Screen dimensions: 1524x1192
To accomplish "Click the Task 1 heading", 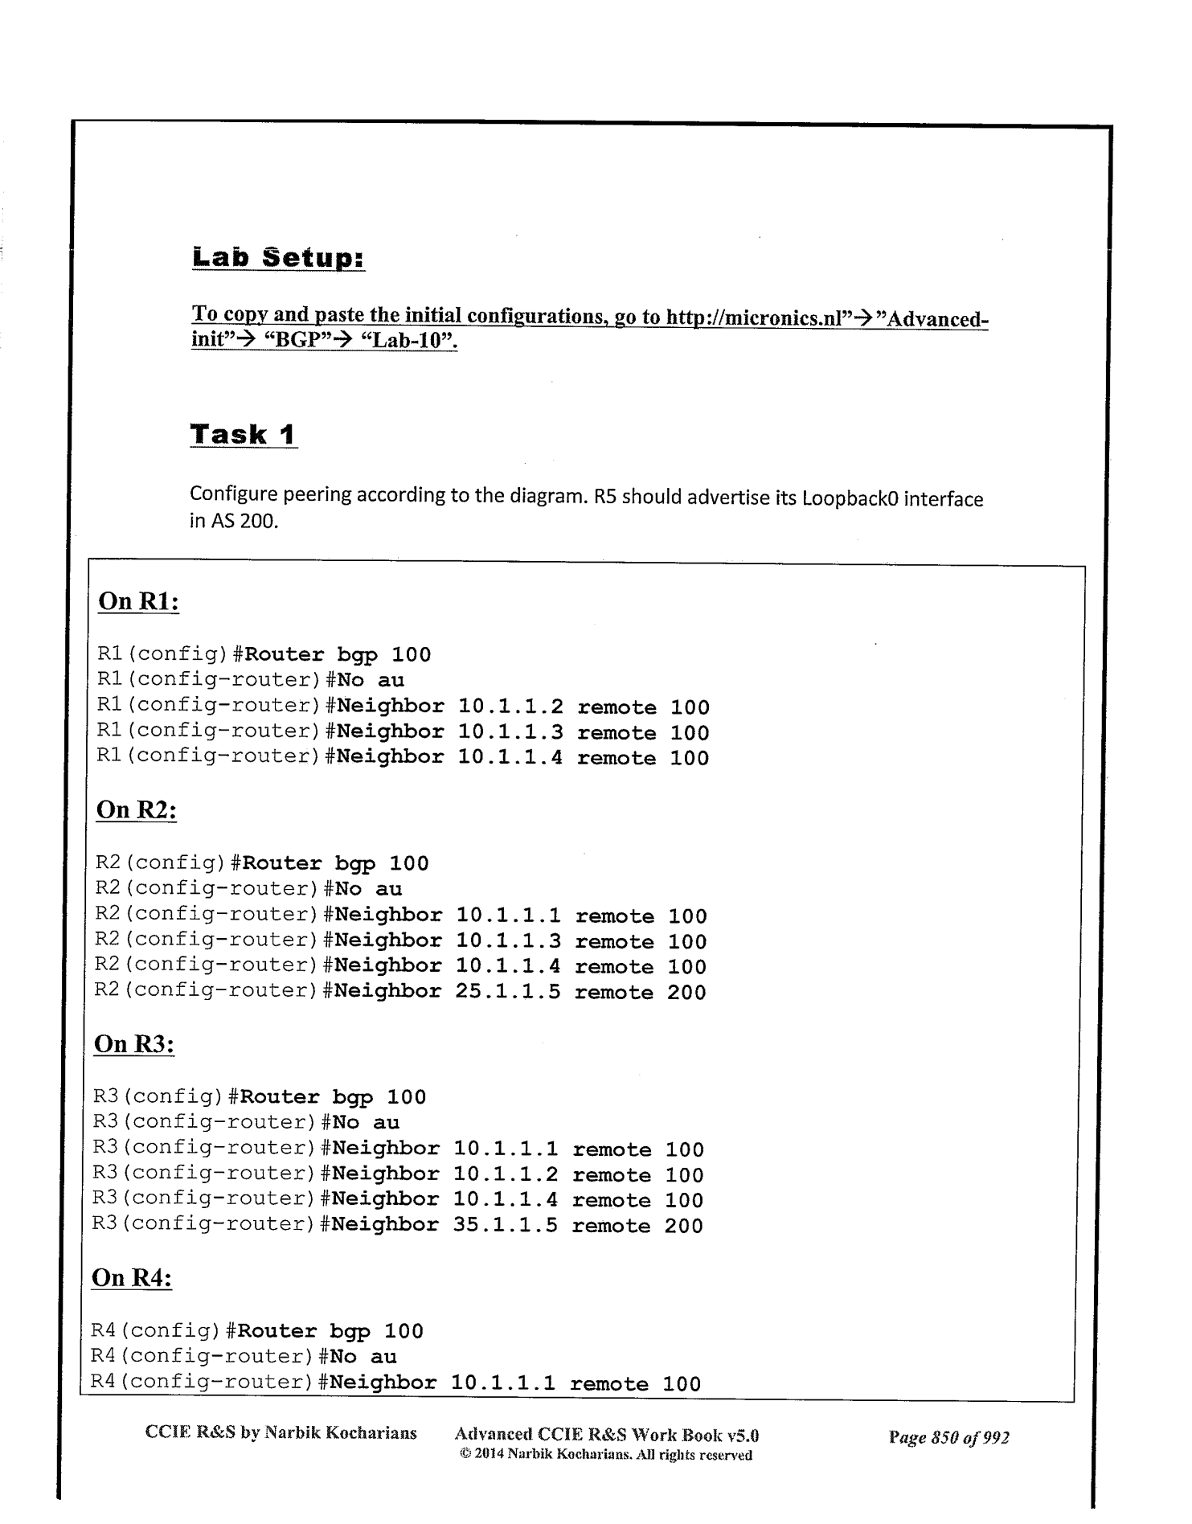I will coord(243,434).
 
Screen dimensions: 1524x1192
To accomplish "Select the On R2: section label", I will coord(136,809).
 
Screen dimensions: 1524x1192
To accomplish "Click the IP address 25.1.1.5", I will coord(508,992).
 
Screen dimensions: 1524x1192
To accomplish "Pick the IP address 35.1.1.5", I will coord(506,1226).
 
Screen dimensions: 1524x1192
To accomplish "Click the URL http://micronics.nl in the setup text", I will coord(758,317).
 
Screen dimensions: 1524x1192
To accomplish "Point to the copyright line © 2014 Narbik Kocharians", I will coord(603,1455).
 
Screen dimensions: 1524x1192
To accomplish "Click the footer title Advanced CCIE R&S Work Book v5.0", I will coord(607,1435).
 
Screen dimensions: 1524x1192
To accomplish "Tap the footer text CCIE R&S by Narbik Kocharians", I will coord(281,1432).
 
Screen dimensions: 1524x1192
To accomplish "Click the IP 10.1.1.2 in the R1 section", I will coord(510,707).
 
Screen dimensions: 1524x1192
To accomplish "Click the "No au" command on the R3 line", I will coord(366,1122).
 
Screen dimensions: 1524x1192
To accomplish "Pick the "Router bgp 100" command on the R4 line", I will coord(330,1331).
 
